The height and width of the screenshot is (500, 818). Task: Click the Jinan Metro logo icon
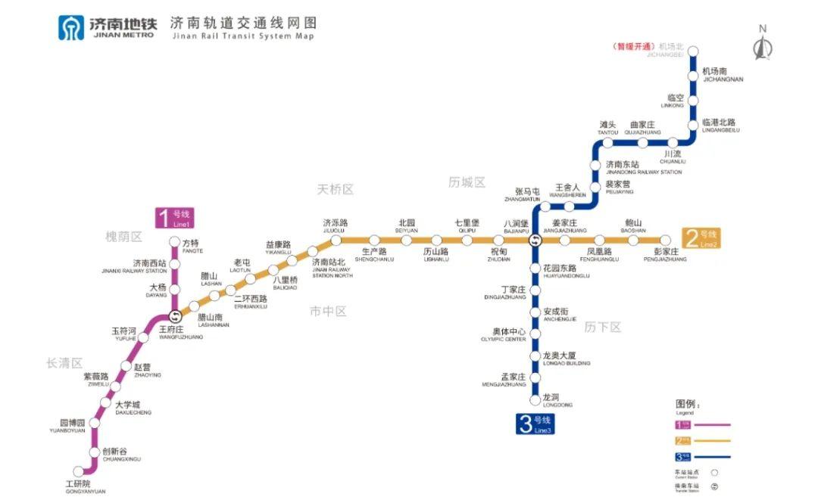(x=72, y=27)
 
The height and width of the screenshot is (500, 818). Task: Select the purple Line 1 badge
(x=173, y=218)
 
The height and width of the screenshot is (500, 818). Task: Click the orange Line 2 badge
(x=701, y=238)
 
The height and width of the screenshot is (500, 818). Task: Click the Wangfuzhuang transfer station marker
(x=175, y=316)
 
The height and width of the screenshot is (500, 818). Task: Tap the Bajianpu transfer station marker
(x=535, y=241)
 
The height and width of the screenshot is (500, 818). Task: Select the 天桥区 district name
(x=336, y=189)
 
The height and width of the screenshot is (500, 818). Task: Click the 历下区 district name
(x=603, y=327)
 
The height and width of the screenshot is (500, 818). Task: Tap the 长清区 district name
(x=64, y=363)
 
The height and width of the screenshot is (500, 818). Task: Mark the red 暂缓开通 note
(x=635, y=46)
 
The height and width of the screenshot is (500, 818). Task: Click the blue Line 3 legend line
(x=713, y=456)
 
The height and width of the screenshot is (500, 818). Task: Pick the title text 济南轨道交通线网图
(x=242, y=23)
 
